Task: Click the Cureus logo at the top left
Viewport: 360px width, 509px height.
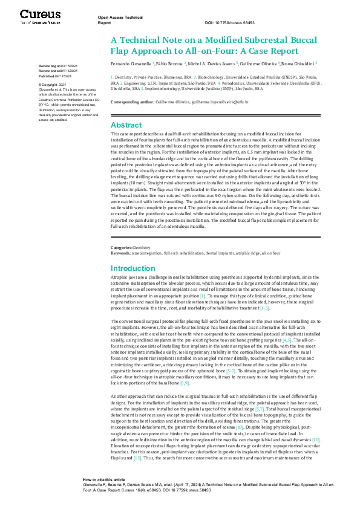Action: pyautogui.click(x=40, y=16)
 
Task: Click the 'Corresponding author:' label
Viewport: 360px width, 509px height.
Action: pyautogui.click(x=133, y=102)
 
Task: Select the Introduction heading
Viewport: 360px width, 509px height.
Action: pyautogui.click(x=133, y=268)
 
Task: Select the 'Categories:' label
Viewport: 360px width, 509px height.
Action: pyautogui.click(x=121, y=248)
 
